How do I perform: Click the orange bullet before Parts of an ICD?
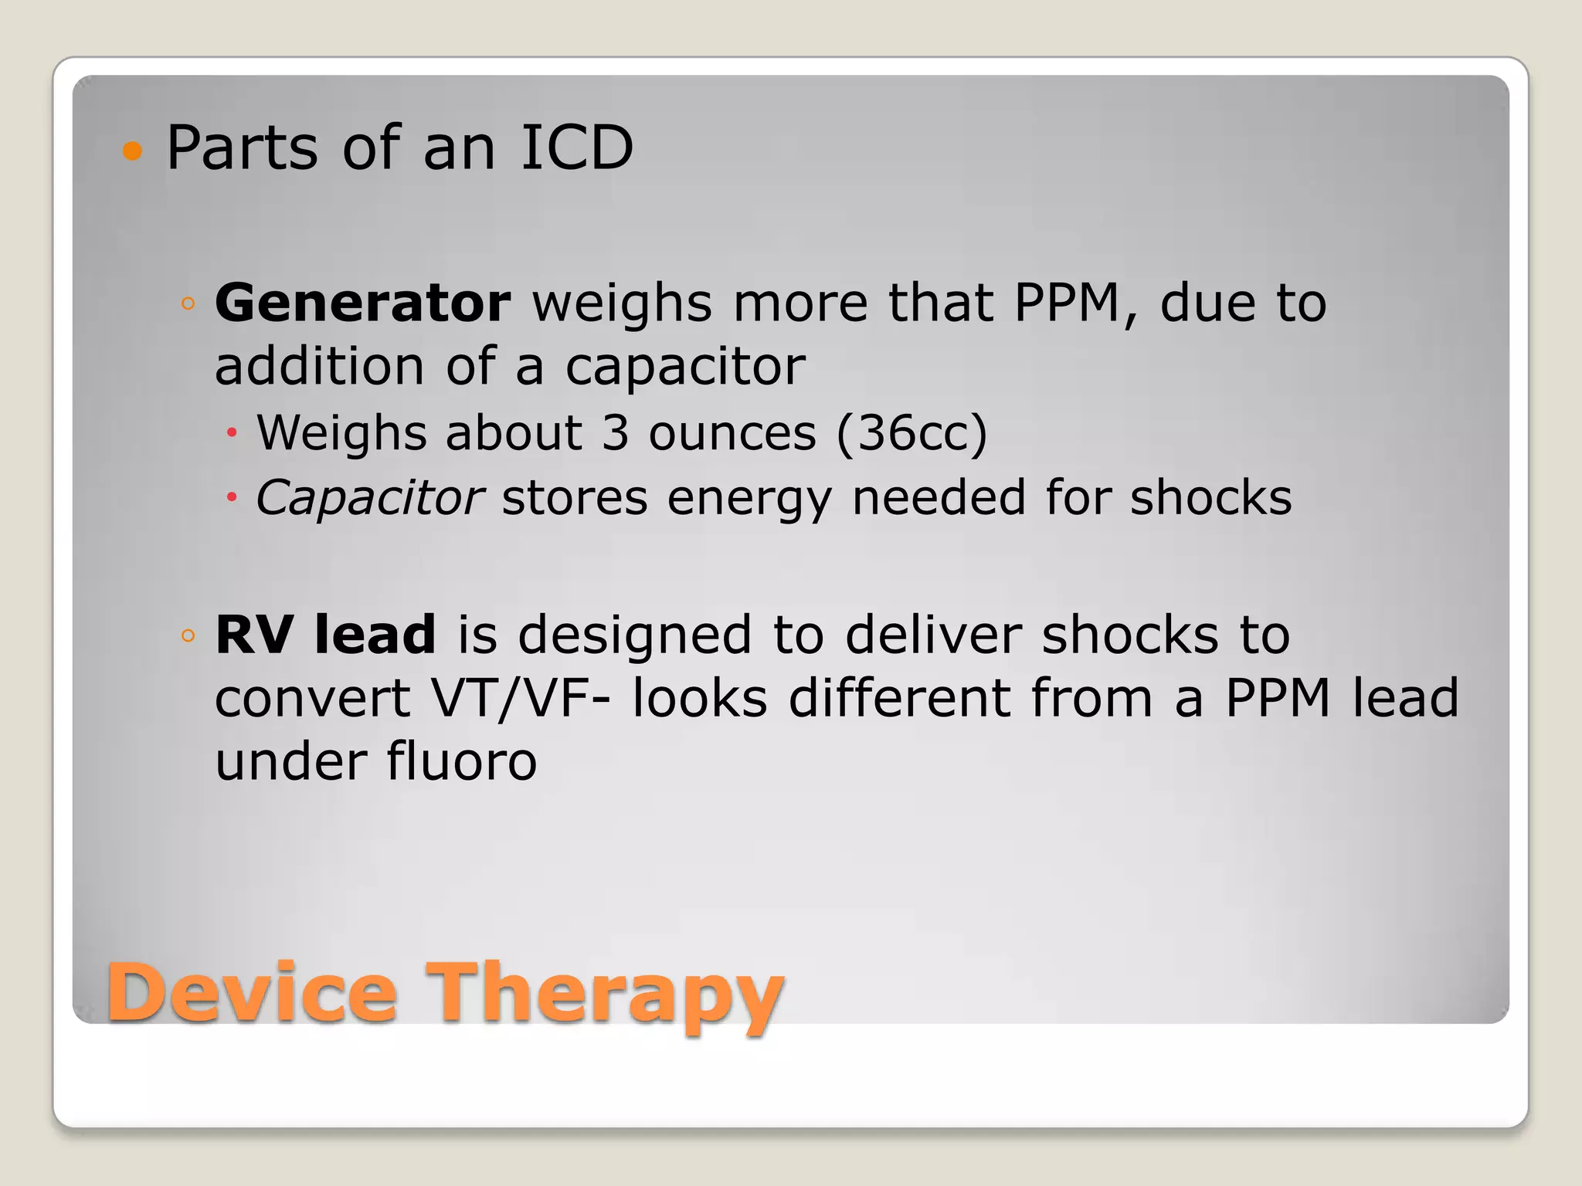coord(133,151)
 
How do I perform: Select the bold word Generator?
coord(362,303)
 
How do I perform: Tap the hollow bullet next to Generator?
coord(188,303)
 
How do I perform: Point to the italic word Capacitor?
coord(369,497)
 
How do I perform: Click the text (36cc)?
coord(912,433)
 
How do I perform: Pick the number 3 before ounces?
coord(615,432)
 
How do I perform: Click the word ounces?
coord(732,434)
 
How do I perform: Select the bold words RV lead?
coord(325,635)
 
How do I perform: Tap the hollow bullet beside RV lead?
coord(188,636)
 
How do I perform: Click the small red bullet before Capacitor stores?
coord(231,498)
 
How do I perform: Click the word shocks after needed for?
coord(1210,497)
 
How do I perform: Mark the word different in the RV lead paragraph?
coord(899,698)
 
